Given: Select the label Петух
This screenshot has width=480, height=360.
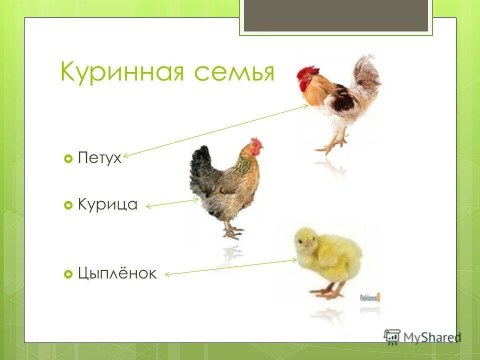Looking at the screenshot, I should point(99,158).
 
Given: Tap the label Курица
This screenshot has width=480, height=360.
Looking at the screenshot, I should point(107,204).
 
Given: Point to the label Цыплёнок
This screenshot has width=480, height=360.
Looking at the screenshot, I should point(117,273).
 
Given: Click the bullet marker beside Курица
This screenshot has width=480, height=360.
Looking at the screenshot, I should point(68,205).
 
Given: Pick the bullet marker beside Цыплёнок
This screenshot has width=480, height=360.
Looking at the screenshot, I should point(68,274).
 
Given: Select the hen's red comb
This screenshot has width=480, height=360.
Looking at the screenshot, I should point(256,144).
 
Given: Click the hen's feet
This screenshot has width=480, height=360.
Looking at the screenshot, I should point(232,231).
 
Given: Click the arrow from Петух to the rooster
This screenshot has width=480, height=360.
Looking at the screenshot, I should point(215,131).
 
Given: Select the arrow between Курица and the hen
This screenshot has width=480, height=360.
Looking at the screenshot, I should point(172,203).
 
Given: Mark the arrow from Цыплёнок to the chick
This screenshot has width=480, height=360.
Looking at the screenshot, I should point(230,267).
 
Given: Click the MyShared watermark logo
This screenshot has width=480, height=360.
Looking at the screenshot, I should point(422,336).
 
